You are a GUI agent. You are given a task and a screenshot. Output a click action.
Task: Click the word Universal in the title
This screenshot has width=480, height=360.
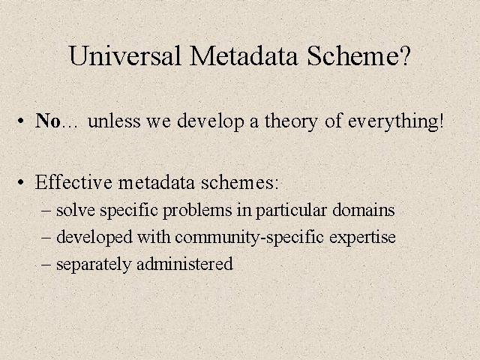(x=125, y=55)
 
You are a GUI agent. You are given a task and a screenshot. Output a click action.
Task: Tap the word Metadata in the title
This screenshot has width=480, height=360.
(x=244, y=55)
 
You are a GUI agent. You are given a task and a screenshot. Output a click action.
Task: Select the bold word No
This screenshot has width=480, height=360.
(x=48, y=121)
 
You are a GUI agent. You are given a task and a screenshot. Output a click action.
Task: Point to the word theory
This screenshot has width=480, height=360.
(x=291, y=122)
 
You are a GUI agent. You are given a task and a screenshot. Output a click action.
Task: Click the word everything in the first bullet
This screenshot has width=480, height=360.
(x=393, y=122)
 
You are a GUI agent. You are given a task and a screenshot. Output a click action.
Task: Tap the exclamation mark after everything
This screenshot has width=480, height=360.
(x=441, y=121)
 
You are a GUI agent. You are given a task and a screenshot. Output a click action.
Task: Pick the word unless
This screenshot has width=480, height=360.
(x=114, y=121)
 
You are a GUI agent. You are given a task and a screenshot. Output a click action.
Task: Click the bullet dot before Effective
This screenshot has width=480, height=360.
(x=20, y=182)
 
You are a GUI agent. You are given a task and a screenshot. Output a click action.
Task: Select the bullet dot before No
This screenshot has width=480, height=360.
(x=20, y=121)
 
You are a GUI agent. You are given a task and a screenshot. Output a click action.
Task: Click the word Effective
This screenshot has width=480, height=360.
(x=73, y=182)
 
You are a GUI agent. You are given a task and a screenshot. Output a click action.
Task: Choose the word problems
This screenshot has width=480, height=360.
(x=197, y=211)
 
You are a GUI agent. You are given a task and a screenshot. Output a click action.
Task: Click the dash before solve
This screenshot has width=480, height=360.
(x=46, y=211)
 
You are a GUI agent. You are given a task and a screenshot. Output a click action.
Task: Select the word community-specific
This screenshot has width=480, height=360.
(x=250, y=238)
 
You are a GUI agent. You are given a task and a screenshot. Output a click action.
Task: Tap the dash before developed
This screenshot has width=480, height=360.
(x=46, y=238)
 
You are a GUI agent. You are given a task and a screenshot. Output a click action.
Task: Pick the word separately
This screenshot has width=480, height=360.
(x=94, y=265)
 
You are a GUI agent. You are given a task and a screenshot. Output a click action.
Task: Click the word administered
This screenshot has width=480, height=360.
(x=185, y=264)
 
